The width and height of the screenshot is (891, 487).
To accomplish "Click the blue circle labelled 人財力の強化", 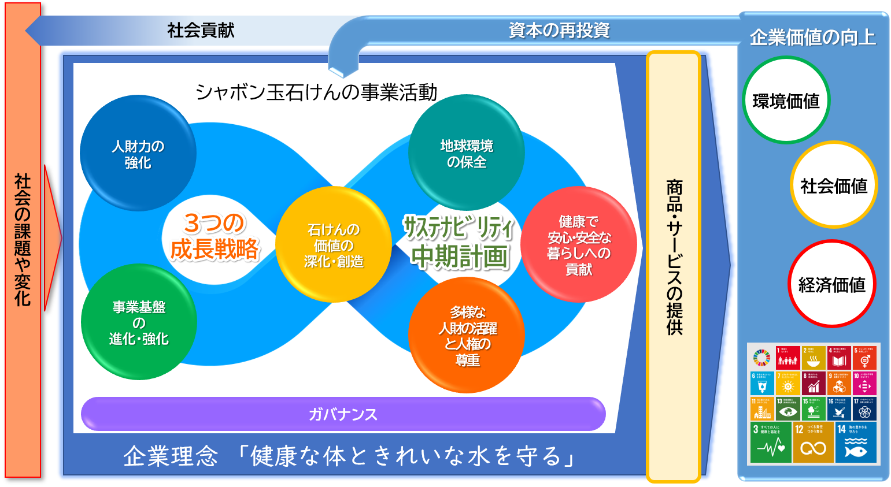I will (x=138, y=154).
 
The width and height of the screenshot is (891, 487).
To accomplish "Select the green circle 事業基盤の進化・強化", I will (x=139, y=322).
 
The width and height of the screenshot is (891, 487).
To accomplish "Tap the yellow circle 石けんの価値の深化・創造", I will (x=334, y=245).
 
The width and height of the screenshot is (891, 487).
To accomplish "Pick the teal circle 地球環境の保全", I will (x=467, y=153).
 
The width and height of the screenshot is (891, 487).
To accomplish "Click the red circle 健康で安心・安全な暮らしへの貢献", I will (x=579, y=245).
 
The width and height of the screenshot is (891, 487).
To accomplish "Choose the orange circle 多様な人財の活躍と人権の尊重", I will (x=467, y=336).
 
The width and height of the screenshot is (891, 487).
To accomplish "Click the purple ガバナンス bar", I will (x=343, y=414).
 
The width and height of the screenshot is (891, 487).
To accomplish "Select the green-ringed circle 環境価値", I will (x=786, y=101).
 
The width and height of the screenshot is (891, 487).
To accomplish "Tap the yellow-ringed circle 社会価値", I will (x=834, y=185).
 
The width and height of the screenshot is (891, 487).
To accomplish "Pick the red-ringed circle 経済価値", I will (x=831, y=284).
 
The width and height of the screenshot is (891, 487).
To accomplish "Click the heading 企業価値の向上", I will (x=812, y=37).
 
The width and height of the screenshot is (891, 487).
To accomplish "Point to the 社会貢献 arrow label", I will (x=201, y=30).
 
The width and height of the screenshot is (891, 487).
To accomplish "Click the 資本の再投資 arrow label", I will (x=559, y=30).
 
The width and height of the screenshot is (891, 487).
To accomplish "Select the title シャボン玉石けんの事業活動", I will (x=316, y=92).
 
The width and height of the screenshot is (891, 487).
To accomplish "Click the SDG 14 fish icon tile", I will (x=856, y=443).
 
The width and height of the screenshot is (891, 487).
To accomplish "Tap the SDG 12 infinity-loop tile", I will (x=813, y=443).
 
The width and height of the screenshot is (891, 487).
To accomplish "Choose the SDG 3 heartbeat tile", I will (x=771, y=443).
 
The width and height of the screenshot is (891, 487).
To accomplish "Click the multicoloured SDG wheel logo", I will (x=761, y=358).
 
